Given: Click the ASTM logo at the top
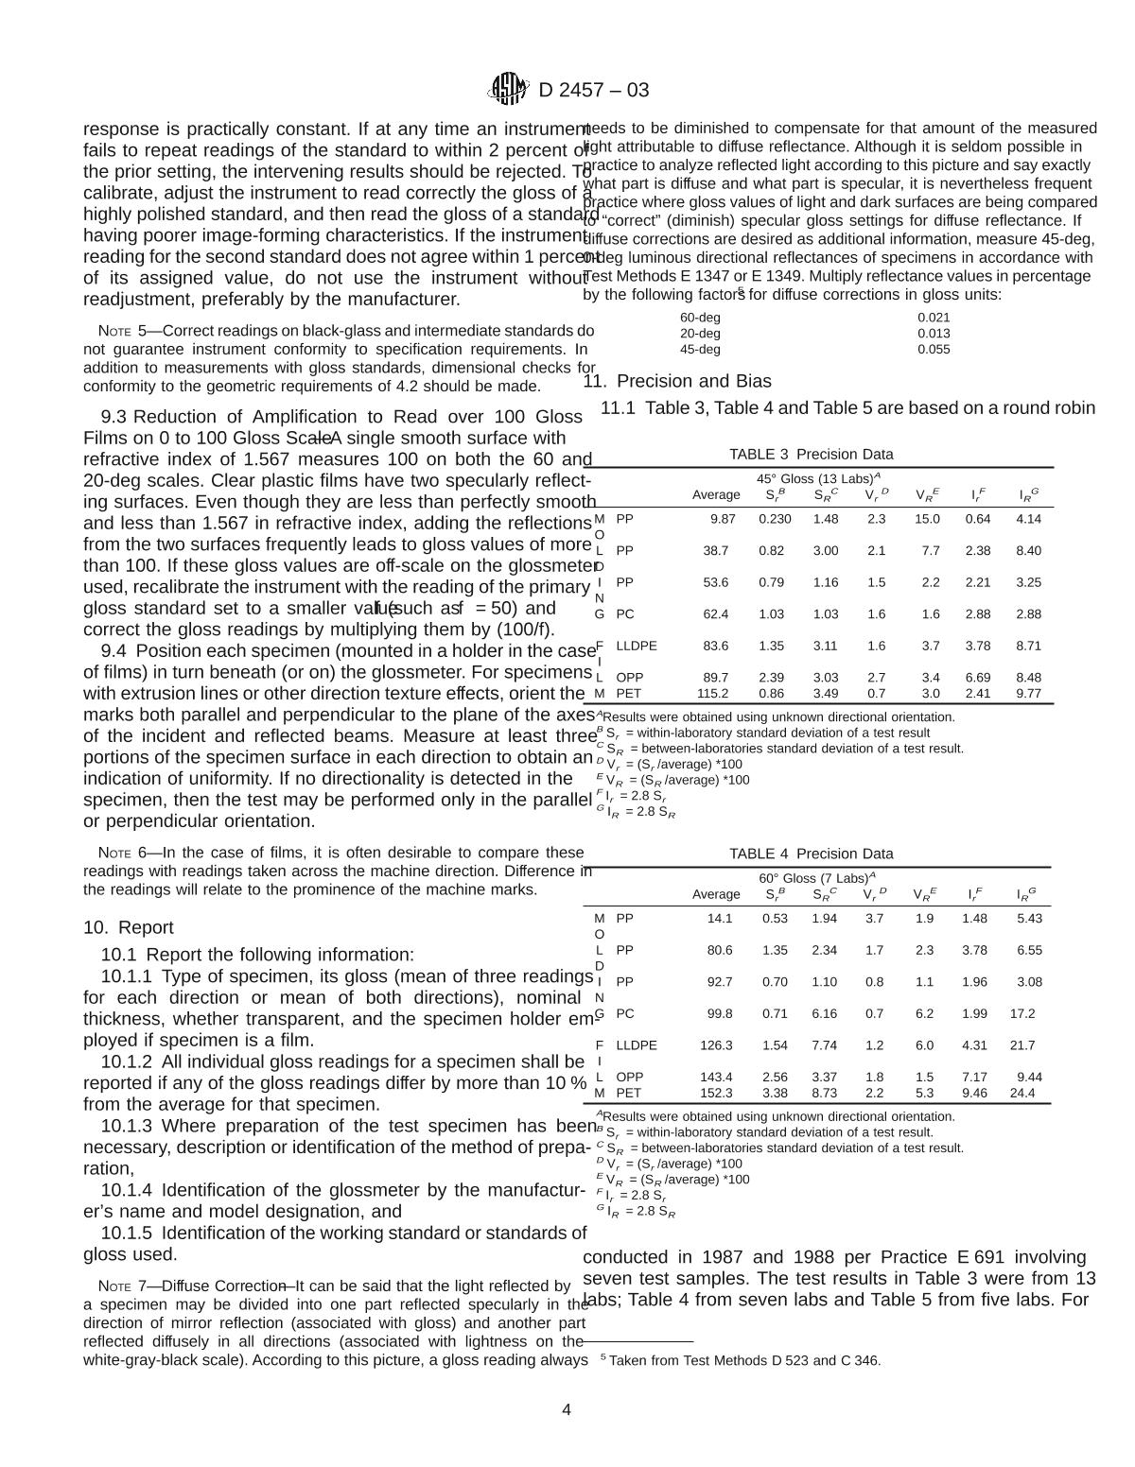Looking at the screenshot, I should (507, 90).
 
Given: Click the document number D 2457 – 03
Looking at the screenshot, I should (593, 91).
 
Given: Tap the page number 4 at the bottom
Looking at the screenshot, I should (567, 1410).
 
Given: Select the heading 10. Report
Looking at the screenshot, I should (129, 927).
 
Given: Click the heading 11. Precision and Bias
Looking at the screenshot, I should (677, 381).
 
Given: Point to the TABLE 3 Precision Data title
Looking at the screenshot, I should (811, 454).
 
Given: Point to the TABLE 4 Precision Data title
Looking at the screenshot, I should (811, 854).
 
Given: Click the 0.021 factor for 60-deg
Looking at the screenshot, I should (934, 318).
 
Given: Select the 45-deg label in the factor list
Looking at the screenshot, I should (700, 349).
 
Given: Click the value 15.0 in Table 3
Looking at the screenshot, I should (927, 518).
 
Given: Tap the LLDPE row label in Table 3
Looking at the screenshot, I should (636, 646).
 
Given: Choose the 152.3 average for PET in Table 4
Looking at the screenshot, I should (715, 1093).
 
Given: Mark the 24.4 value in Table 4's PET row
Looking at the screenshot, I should (1022, 1093).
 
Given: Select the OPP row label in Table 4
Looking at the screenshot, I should (629, 1077).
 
